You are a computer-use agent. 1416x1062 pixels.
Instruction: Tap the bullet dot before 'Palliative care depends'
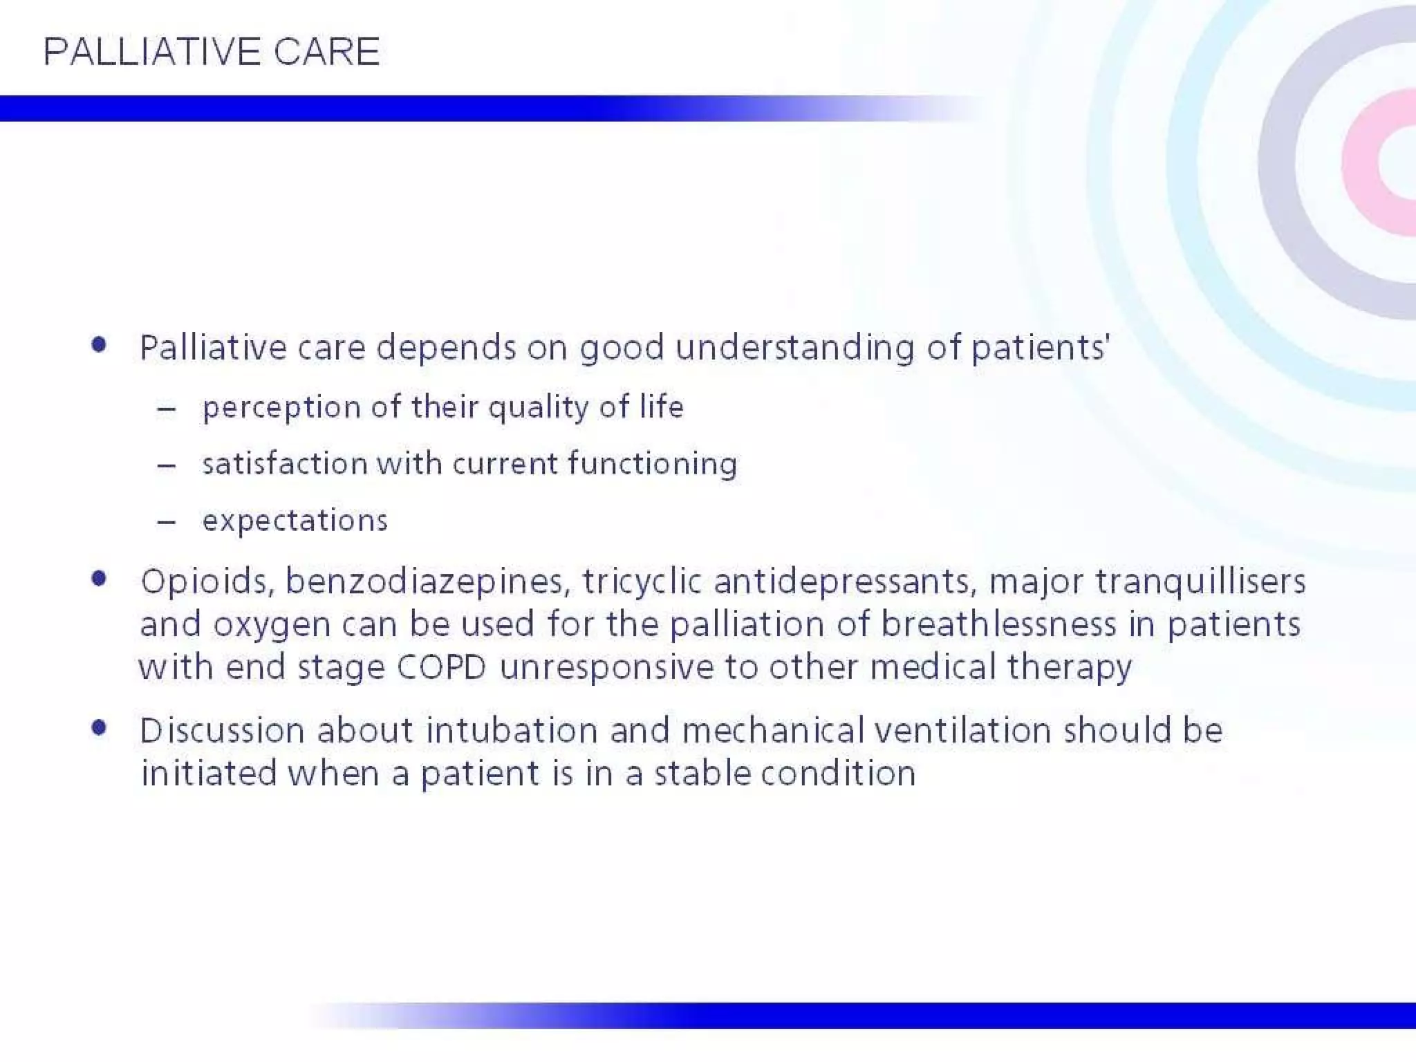[99, 344]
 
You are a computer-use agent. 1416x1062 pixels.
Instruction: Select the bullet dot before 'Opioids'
[99, 579]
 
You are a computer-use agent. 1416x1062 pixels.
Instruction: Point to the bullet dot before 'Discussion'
[99, 727]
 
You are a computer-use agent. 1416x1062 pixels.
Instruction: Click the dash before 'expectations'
[166, 522]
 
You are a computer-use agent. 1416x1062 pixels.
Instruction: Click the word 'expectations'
[295, 521]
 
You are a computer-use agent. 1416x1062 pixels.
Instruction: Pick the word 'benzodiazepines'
[427, 581]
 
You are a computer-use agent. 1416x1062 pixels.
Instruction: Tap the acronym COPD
[441, 668]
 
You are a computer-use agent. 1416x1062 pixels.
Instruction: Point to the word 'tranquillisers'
[1200, 581]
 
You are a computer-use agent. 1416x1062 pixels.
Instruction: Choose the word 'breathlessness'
[998, 624]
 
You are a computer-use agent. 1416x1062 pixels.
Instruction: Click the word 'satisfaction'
[284, 463]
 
